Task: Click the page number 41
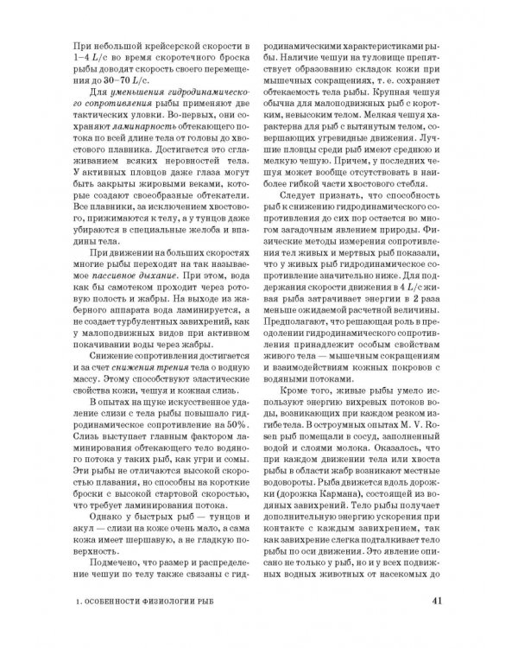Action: [437, 601]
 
